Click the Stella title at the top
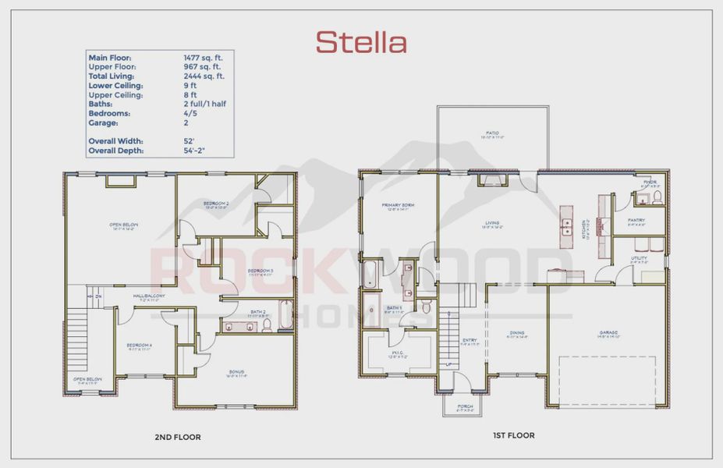click(361, 41)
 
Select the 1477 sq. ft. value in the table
click(203, 58)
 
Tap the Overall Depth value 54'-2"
click(194, 151)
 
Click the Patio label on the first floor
click(492, 133)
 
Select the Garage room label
click(608, 333)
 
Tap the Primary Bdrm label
click(398, 206)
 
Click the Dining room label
click(518, 334)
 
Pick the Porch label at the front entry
click(465, 406)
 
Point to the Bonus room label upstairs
click(236, 372)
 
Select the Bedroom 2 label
click(216, 204)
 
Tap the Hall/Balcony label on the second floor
click(148, 296)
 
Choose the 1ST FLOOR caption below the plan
click(512, 435)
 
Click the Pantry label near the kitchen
click(636, 220)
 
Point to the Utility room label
click(639, 258)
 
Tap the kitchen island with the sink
click(566, 227)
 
